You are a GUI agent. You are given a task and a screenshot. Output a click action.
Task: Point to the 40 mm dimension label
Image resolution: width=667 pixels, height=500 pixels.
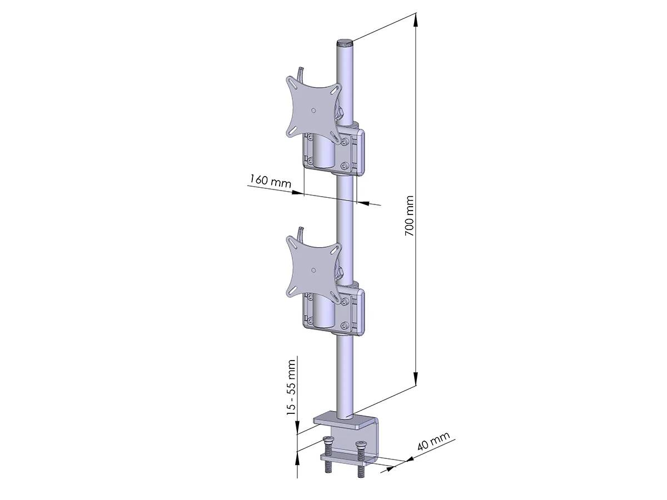click(x=432, y=442)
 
